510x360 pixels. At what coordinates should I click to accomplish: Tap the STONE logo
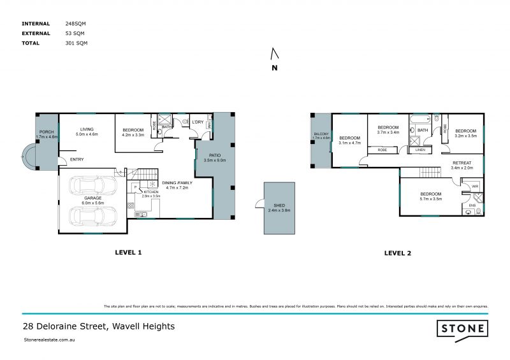[462, 329]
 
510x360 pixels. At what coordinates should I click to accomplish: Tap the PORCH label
[47, 133]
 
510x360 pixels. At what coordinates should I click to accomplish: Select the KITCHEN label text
[150, 192]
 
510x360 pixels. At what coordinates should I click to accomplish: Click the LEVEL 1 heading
[127, 253]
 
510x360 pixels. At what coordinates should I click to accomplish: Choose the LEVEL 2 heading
[397, 253]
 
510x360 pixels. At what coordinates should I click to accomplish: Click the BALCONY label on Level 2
[321, 134]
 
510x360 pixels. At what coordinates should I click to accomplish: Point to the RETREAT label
[462, 163]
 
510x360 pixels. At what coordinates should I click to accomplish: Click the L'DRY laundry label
[198, 122]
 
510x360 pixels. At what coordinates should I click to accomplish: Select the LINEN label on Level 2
[420, 150]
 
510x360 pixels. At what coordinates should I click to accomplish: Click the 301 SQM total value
[76, 43]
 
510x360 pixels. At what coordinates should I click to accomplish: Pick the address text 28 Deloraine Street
[98, 326]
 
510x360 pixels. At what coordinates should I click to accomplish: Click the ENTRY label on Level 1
[77, 159]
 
